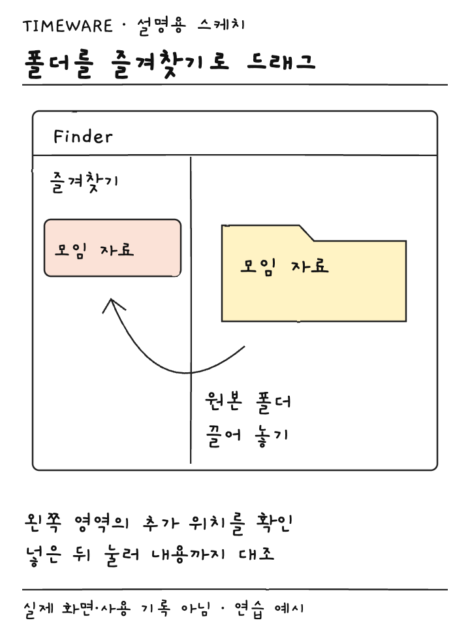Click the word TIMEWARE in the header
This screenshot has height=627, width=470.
coord(67,26)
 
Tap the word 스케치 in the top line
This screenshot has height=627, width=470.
coord(221,25)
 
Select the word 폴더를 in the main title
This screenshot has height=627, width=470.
coord(59,65)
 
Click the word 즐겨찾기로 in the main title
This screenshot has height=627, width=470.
coord(170,64)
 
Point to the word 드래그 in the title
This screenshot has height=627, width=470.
coord(281,62)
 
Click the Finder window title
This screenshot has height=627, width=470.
coord(83,137)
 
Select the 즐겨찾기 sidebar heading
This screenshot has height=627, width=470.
coord(84,182)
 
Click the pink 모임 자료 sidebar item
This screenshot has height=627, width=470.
coord(112,248)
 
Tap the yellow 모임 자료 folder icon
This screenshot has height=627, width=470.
coord(314,273)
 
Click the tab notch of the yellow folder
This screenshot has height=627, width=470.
coord(307,233)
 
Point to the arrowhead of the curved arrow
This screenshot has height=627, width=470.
coord(112,300)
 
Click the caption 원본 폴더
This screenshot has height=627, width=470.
coord(248,402)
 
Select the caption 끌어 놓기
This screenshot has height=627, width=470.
coord(247,436)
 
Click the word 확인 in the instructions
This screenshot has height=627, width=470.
coord(275,522)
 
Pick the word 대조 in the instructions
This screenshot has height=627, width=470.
coord(257,554)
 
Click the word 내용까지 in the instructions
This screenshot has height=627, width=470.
coord(189,555)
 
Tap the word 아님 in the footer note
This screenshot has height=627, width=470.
coord(195,609)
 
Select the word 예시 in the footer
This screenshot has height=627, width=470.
coord(289,609)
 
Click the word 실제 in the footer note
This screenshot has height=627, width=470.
coord(39,610)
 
